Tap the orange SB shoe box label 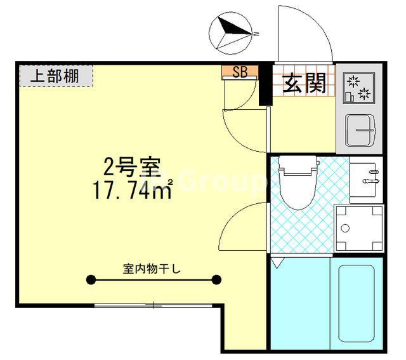(240, 72)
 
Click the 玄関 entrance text (304, 83)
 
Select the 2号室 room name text (133, 168)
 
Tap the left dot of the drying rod (91, 279)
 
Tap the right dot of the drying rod (217, 279)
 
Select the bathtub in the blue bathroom (357, 305)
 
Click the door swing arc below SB (244, 127)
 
